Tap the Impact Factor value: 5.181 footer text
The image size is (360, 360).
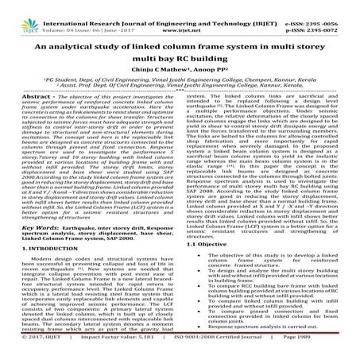(110, 356)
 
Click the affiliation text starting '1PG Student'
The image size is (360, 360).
(180, 94)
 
